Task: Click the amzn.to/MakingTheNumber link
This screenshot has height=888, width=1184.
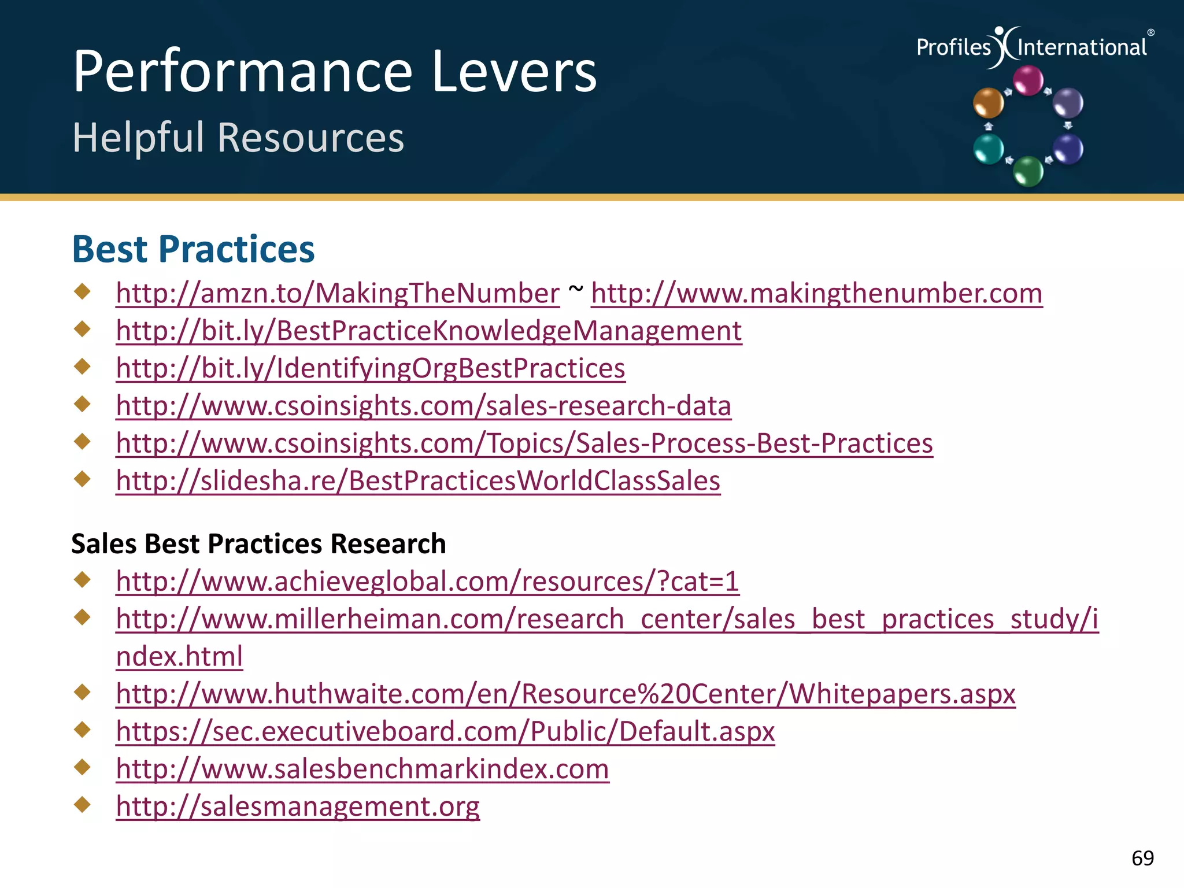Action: tap(338, 294)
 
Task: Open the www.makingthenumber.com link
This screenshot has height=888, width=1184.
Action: tap(816, 294)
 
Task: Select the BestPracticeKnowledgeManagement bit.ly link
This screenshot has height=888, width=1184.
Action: tap(429, 331)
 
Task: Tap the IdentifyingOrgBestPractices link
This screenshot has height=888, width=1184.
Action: tap(370, 369)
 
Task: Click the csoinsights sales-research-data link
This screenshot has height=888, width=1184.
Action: tap(423, 406)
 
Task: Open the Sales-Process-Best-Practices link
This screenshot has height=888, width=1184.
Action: tap(524, 443)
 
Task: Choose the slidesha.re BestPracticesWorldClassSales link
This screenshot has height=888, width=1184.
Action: tap(417, 481)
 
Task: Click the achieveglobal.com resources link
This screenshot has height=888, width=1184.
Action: tap(427, 582)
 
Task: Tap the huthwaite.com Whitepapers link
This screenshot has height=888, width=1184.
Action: tap(565, 694)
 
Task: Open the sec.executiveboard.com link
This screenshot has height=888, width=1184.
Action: tap(445, 731)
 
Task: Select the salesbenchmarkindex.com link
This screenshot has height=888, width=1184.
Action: tap(362, 769)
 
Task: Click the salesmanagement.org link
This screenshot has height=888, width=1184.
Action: tap(297, 806)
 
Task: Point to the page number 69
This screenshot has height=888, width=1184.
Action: tap(1142, 858)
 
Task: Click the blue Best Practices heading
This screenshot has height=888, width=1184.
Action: tap(193, 250)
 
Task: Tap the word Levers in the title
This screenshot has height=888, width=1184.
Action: tap(513, 72)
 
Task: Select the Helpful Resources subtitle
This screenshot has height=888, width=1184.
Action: tap(238, 138)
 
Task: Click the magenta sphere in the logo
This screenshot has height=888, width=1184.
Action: tap(1028, 80)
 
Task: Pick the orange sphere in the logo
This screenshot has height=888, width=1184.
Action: tap(988, 103)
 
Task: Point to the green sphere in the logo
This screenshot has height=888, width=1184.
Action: tap(1028, 171)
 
